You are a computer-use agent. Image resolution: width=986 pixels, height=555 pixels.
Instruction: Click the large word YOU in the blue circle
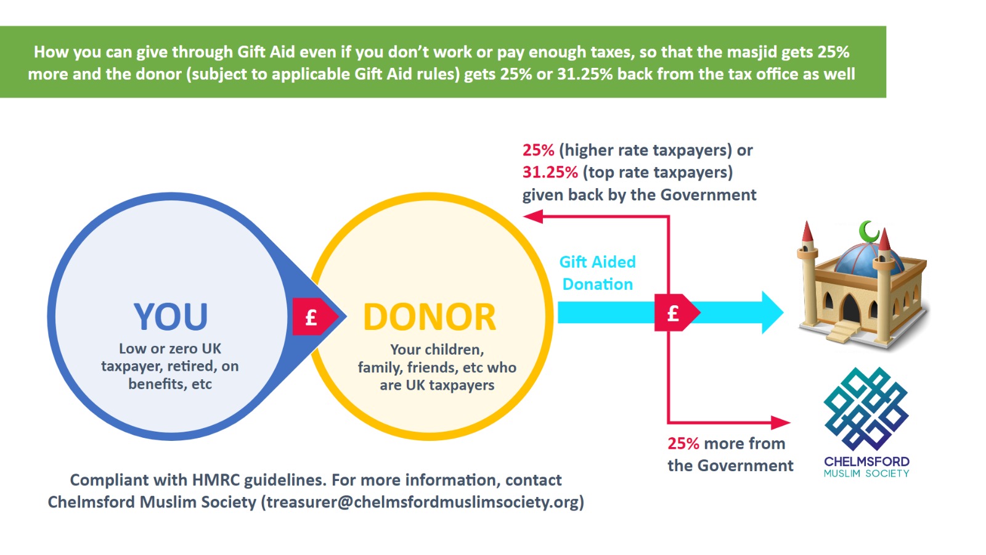pyautogui.click(x=171, y=317)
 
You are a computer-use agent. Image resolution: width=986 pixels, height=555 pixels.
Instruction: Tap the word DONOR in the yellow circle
pyautogui.click(x=430, y=318)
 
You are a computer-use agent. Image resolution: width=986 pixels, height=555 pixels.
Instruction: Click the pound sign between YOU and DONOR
pyautogui.click(x=311, y=318)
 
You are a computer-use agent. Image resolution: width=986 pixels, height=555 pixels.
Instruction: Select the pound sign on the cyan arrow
pyautogui.click(x=674, y=313)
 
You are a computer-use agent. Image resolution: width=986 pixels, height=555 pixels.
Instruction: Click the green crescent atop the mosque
pyautogui.click(x=869, y=232)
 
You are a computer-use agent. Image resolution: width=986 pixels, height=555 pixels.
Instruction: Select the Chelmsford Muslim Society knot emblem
pyautogui.click(x=866, y=408)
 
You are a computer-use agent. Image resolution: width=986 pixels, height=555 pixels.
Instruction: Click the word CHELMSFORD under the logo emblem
pyautogui.click(x=866, y=461)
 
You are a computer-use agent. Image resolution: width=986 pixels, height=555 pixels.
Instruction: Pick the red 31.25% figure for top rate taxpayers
pyautogui.click(x=550, y=172)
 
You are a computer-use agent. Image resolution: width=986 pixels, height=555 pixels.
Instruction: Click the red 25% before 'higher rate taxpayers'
pyautogui.click(x=538, y=150)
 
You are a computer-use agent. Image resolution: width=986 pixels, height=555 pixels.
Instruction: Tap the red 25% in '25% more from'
pyautogui.click(x=683, y=443)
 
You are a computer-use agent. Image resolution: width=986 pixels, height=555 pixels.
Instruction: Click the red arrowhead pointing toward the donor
pyautogui.click(x=532, y=216)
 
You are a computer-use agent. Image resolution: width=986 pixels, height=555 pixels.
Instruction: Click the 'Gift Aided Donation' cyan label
pyautogui.click(x=597, y=273)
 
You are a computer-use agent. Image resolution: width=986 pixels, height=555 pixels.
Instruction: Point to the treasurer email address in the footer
pyautogui.click(x=423, y=502)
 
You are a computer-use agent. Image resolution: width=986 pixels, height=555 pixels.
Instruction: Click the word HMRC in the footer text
pyautogui.click(x=215, y=480)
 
